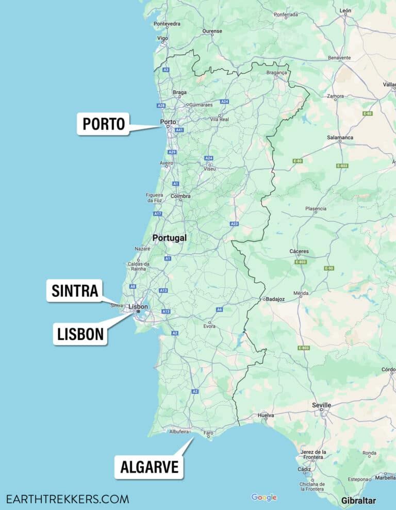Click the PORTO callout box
(x=103, y=124)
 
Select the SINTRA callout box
(x=75, y=291)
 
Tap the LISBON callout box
(x=80, y=334)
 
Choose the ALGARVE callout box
(x=149, y=467)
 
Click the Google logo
(x=264, y=497)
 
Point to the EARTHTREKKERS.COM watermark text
(x=68, y=499)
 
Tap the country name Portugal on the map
(x=169, y=238)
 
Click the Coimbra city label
(x=180, y=196)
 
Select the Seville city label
(x=321, y=405)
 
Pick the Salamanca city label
(x=340, y=138)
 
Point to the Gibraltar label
(x=358, y=501)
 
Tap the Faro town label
(x=209, y=433)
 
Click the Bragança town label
(x=276, y=73)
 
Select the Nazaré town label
(x=142, y=248)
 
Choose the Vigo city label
(x=163, y=38)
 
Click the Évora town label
(x=209, y=326)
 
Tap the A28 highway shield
(x=161, y=105)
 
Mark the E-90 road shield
(x=329, y=268)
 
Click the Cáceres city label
(x=299, y=251)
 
